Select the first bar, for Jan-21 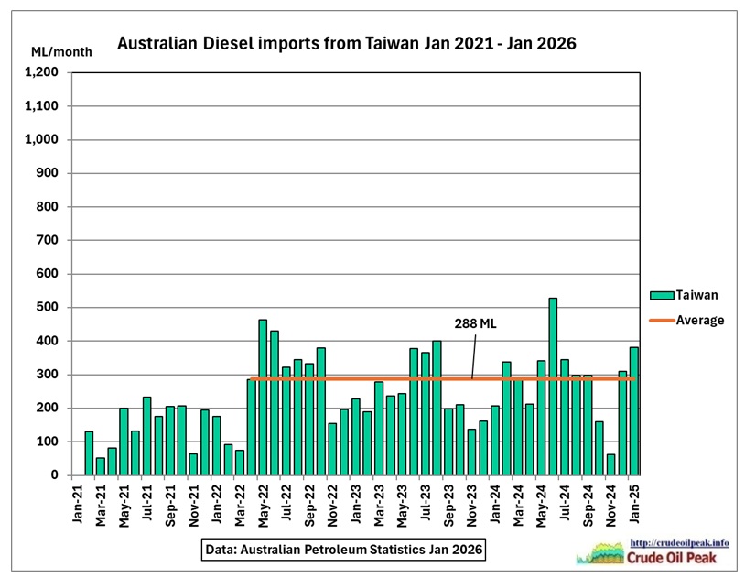tap(89, 453)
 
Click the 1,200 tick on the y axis tap(43, 72)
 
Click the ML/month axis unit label tap(61, 51)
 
